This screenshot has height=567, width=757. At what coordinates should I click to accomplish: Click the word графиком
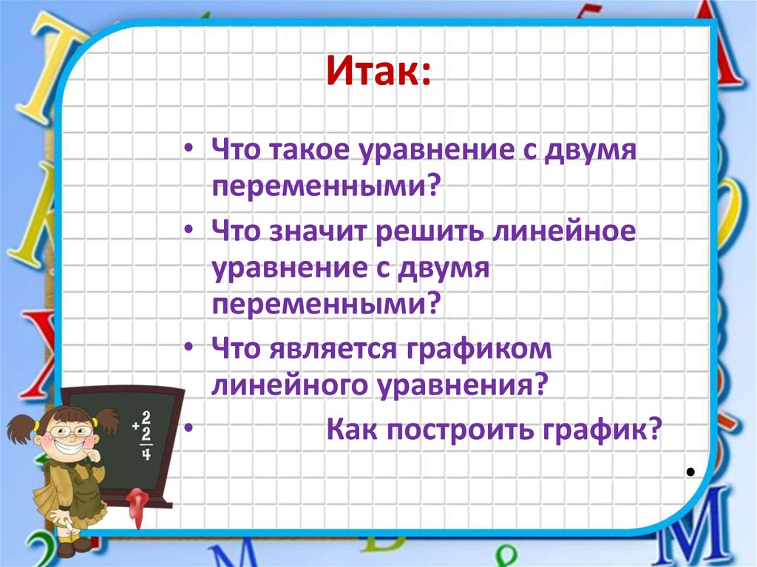pyautogui.click(x=480, y=348)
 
